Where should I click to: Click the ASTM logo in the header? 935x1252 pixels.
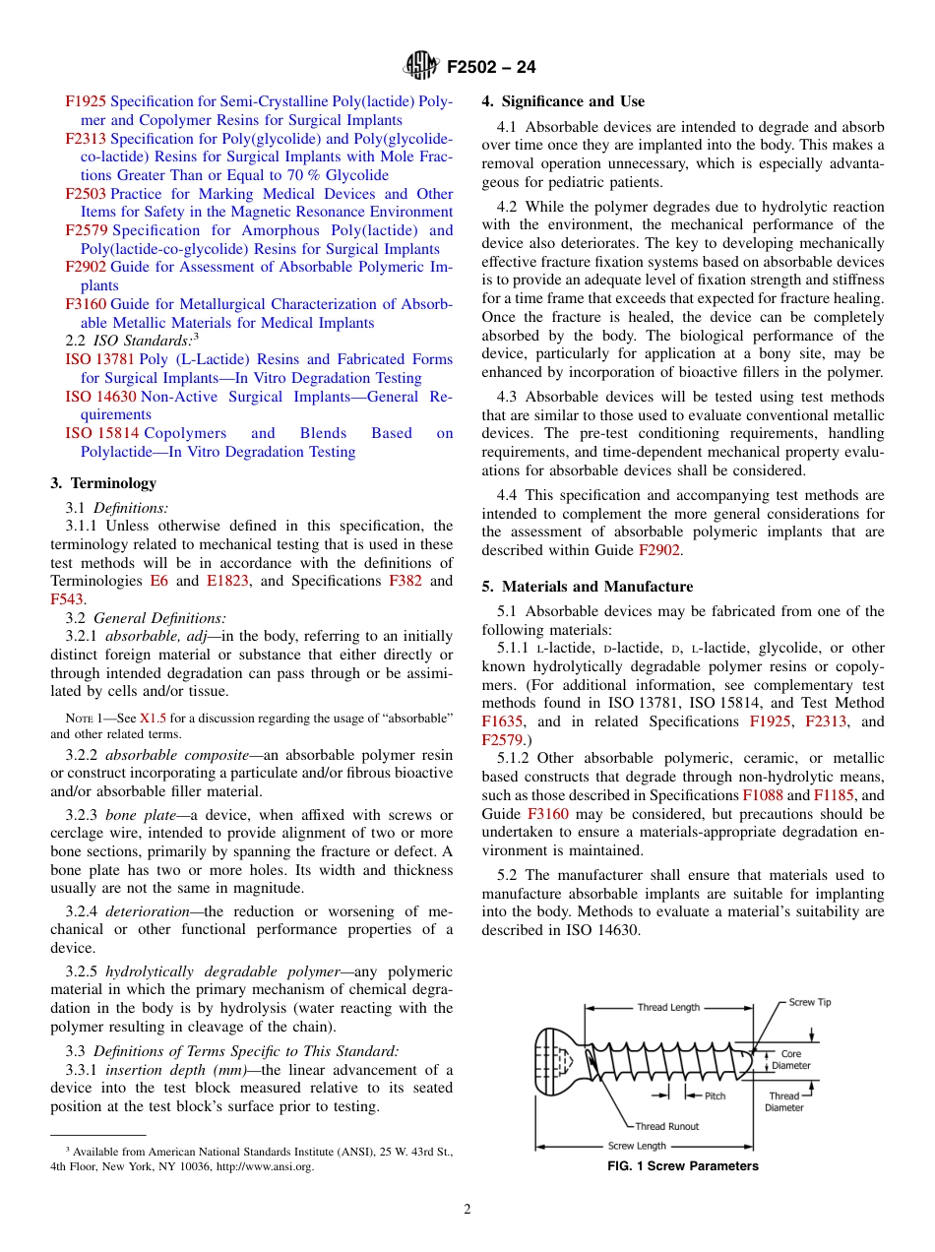(421, 67)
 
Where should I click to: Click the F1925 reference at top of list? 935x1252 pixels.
(87, 101)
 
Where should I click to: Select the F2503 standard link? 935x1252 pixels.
(87, 194)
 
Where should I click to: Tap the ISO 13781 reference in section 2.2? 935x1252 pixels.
(100, 359)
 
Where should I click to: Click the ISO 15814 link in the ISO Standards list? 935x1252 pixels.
(100, 433)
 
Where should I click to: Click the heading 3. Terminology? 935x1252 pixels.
(103, 483)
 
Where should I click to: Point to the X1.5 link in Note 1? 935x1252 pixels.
(153, 718)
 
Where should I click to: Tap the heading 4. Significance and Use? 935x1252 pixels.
(563, 101)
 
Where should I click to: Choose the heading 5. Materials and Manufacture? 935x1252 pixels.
(587, 587)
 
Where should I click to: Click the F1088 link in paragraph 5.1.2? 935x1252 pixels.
(762, 795)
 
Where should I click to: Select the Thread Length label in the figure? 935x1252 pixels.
(668, 1007)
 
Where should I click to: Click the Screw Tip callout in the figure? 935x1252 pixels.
(809, 1002)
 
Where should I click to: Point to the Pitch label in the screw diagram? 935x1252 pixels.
(715, 1095)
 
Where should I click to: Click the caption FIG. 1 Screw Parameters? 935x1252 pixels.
(682, 1166)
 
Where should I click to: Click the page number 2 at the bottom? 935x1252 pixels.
(467, 1210)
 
